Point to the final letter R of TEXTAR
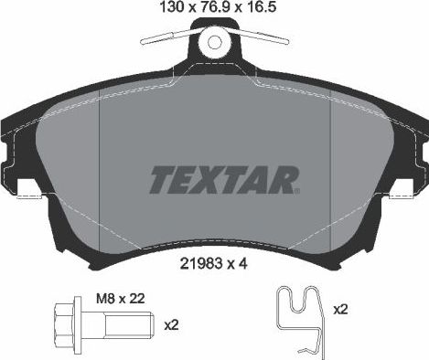tap(281, 179)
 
